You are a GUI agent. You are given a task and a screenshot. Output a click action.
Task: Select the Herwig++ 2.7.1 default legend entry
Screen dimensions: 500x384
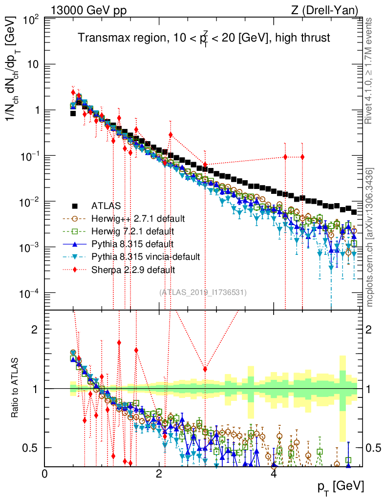pyautogui.click(x=130, y=218)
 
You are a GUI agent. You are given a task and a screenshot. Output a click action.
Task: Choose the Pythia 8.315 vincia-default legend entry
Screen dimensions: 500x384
pyautogui.click(x=137, y=256)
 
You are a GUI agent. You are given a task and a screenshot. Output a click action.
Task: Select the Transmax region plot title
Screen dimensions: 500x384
pyautogui.click(x=205, y=38)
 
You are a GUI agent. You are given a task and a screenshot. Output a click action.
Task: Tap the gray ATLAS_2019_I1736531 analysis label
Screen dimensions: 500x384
pyautogui.click(x=203, y=292)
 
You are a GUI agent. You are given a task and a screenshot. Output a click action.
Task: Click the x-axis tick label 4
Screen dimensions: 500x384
pyautogui.click(x=274, y=474)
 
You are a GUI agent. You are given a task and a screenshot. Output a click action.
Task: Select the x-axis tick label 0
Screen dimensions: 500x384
pyautogui.click(x=45, y=474)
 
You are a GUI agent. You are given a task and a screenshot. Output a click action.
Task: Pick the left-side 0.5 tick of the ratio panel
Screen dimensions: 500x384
pyautogui.click(x=33, y=448)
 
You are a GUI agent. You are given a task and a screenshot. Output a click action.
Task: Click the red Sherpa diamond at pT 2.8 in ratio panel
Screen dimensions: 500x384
pyautogui.click(x=205, y=369)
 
